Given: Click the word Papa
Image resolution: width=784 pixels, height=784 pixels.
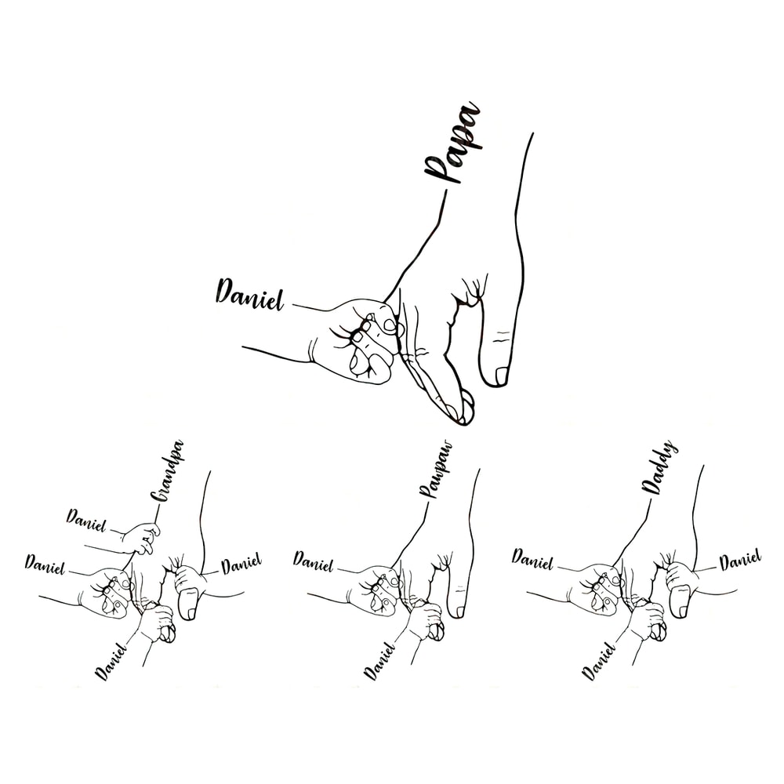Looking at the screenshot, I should [x=452, y=144].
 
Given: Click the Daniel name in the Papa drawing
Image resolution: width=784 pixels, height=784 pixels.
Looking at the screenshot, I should [x=249, y=293].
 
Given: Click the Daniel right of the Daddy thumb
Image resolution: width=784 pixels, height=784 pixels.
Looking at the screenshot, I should [x=740, y=560].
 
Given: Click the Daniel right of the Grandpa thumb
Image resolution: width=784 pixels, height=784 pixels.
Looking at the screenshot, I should [x=241, y=564].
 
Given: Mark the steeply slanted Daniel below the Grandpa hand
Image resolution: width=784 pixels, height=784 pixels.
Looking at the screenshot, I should [x=111, y=660].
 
